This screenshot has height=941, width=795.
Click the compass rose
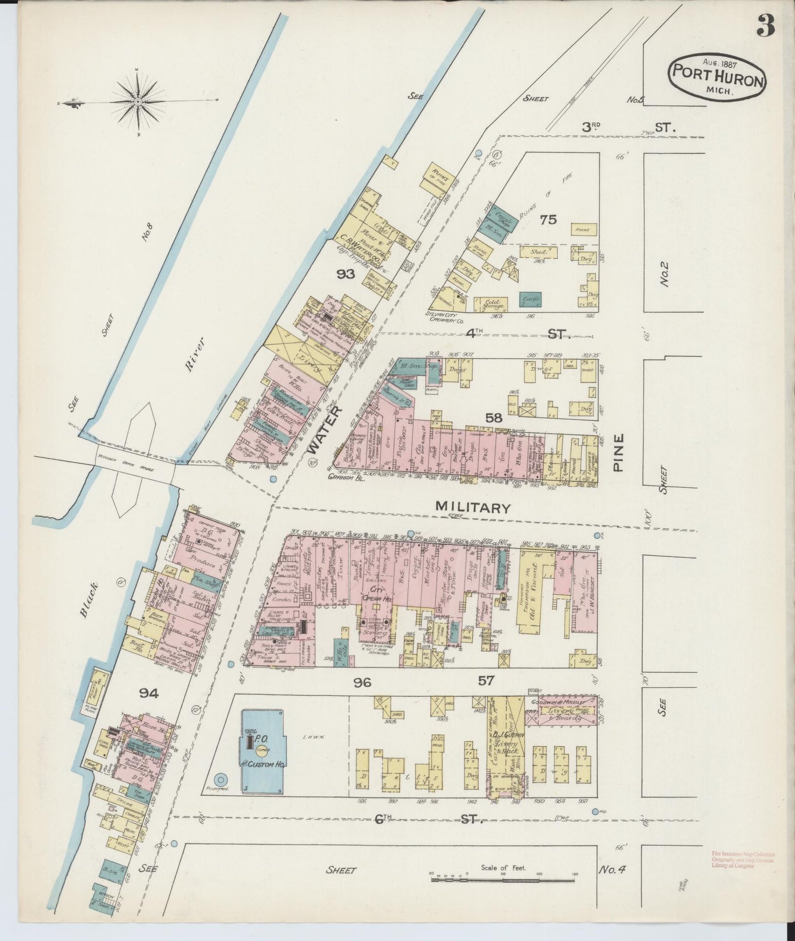pyautogui.click(x=138, y=102)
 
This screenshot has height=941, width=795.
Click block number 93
pyautogui.click(x=346, y=273)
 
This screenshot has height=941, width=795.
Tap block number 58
pyautogui.click(x=494, y=418)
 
